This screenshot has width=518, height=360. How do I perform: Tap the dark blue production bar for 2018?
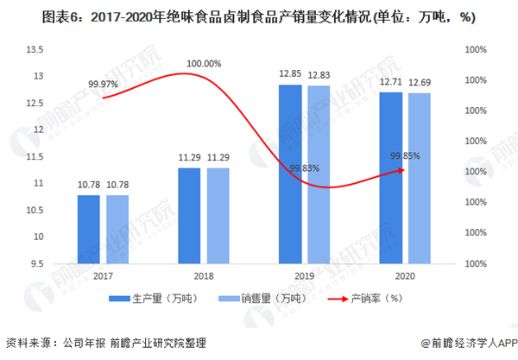click(x=189, y=215)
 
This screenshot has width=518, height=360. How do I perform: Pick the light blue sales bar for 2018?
click(x=218, y=215)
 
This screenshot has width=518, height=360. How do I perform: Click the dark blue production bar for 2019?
click(x=290, y=174)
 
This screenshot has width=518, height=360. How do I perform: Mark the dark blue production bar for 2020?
click(x=390, y=177)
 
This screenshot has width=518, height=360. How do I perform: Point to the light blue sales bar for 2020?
click(x=420, y=178)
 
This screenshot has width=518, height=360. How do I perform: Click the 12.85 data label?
click(x=290, y=75)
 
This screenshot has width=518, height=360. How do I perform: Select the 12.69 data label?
click(x=420, y=83)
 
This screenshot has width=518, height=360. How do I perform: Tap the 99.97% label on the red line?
click(x=103, y=84)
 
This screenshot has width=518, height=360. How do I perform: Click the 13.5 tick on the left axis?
click(x=35, y=50)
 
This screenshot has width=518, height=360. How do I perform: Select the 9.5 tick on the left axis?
click(x=38, y=262)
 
